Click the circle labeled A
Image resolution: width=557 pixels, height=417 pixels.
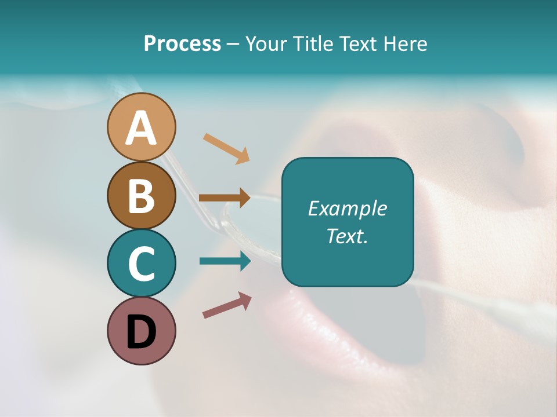pyautogui.click(x=141, y=127)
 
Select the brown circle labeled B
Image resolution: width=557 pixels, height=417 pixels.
pyautogui.click(x=141, y=195)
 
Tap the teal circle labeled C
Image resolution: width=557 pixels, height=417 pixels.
pyautogui.click(x=141, y=263)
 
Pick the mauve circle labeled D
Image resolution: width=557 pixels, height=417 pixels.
pyautogui.click(x=141, y=331)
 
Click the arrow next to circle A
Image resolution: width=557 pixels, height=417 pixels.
pyautogui.click(x=226, y=148)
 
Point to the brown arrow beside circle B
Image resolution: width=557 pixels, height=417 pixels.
pyautogui.click(x=225, y=197)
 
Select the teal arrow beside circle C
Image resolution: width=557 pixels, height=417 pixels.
pyautogui.click(x=225, y=261)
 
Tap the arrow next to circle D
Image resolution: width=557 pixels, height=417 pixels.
pyautogui.click(x=227, y=305)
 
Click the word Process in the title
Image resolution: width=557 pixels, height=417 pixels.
pyautogui.click(x=182, y=44)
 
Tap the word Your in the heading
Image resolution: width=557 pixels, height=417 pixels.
pyautogui.click(x=266, y=44)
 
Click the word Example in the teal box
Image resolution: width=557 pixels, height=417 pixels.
pyautogui.click(x=347, y=209)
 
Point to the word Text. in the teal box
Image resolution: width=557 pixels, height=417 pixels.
pyautogui.click(x=347, y=236)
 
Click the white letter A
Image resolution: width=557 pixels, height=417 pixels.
pyautogui.click(x=141, y=128)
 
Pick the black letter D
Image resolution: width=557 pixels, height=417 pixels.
pyautogui.click(x=141, y=332)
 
